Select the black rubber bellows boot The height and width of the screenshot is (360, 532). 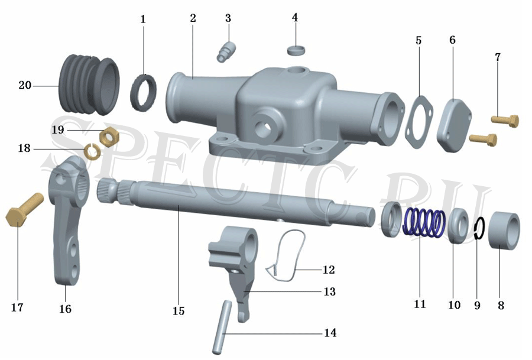[x=89, y=84]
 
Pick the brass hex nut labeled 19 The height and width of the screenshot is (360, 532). [x=109, y=137]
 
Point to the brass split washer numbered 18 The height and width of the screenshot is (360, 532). [x=92, y=151]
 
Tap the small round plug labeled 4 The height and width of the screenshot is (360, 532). [x=296, y=50]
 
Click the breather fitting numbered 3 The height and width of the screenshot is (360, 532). [x=225, y=51]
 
